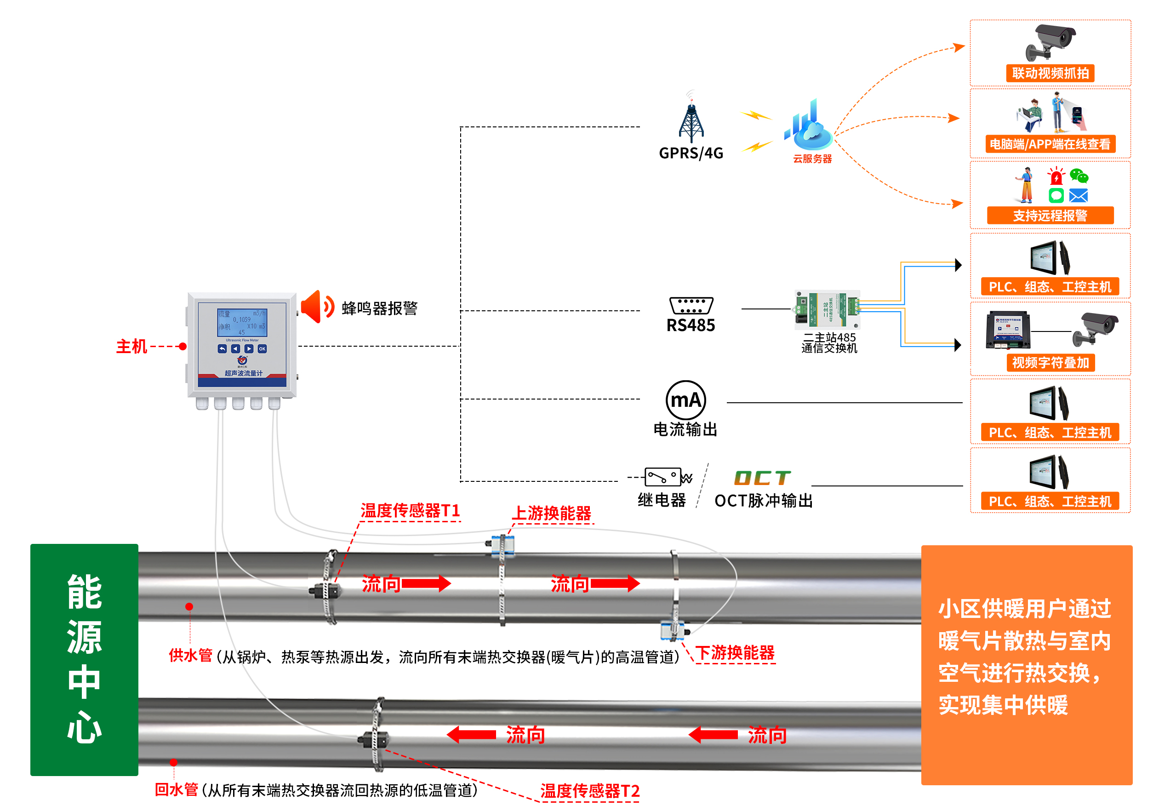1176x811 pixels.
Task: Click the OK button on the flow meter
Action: [x=262, y=349]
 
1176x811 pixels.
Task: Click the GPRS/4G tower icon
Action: [x=691, y=120]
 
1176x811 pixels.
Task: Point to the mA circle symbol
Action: [x=686, y=400]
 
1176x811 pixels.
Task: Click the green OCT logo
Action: [x=762, y=478]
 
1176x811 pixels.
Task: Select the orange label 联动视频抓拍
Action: [x=1050, y=73]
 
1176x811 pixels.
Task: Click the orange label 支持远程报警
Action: [x=1050, y=216]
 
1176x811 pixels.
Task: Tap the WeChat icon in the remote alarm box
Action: [x=1079, y=177]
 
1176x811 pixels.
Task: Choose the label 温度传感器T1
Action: [x=410, y=511]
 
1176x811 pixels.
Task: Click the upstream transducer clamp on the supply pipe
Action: [x=502, y=546]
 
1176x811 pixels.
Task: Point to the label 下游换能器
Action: [x=735, y=653]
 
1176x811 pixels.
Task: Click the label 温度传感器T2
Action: [x=589, y=791]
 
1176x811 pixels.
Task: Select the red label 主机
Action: [x=131, y=347]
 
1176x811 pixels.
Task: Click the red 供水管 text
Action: [x=190, y=656]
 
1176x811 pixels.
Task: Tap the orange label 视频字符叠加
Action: [x=1050, y=363]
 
